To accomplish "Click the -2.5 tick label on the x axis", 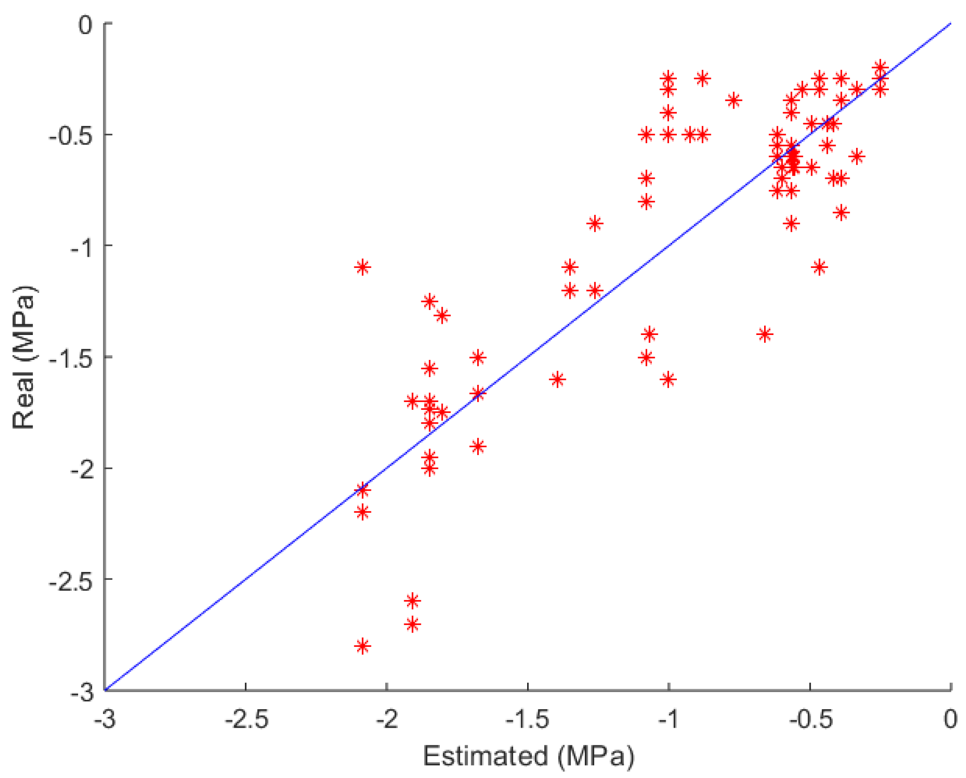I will (x=246, y=719).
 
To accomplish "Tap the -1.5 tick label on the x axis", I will (x=527, y=719).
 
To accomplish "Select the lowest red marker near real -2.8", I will (x=363, y=646).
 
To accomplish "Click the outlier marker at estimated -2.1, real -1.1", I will (x=363, y=267).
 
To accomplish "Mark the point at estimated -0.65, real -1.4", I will (x=765, y=334).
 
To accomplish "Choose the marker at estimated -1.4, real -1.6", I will (x=558, y=379).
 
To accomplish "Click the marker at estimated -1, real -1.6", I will (x=668, y=379).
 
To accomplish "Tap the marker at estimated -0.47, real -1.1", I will (x=819, y=267).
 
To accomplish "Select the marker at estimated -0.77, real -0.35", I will (x=733, y=100).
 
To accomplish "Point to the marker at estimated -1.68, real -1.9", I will (x=478, y=446).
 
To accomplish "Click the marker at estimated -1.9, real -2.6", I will (x=412, y=601).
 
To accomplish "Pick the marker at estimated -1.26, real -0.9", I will (x=595, y=224).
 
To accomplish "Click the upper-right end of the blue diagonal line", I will (x=950, y=23).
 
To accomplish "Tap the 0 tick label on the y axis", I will (x=85, y=25).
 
